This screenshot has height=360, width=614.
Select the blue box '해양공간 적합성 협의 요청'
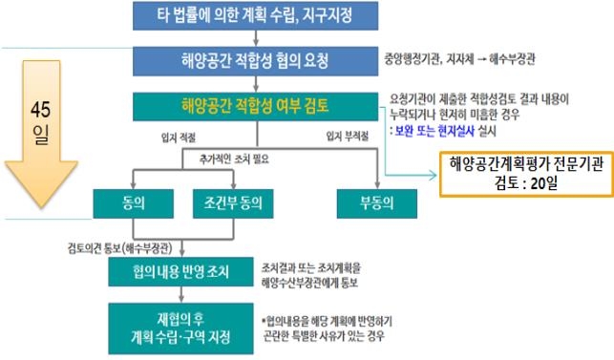pyautogui.click(x=254, y=61)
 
